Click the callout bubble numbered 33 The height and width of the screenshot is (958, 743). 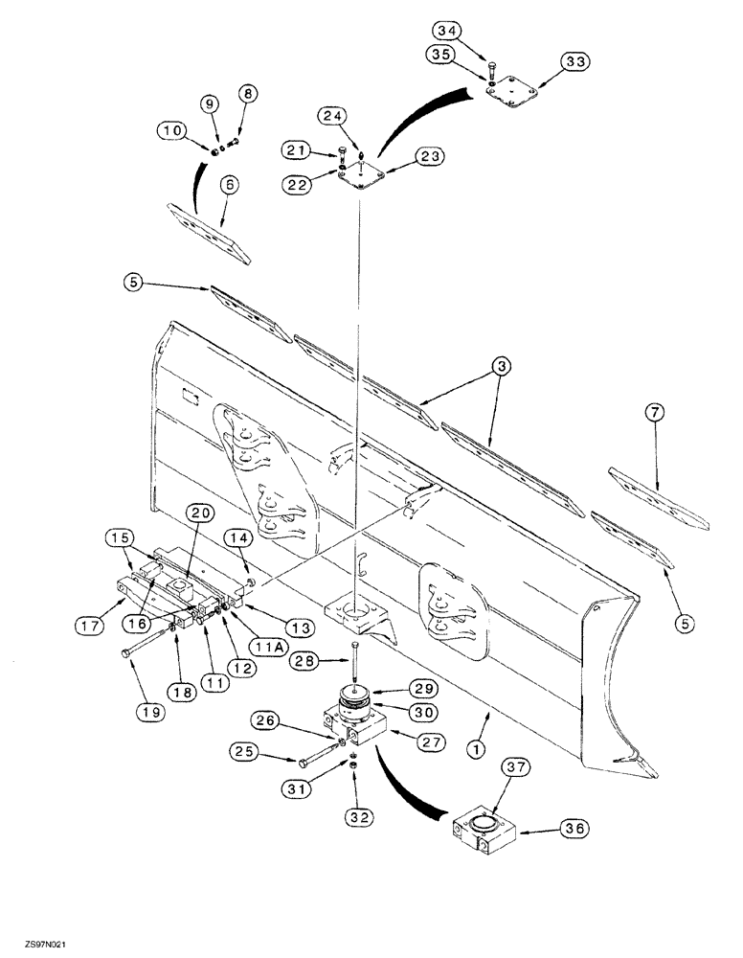point(576,61)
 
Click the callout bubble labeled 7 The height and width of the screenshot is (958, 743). point(655,414)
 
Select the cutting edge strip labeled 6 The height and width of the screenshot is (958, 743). point(208,232)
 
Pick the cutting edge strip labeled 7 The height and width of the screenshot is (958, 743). point(659,498)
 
